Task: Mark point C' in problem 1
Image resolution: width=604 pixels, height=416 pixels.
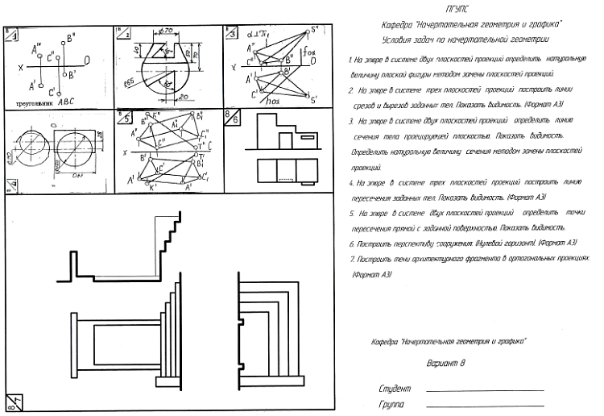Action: point(53,88)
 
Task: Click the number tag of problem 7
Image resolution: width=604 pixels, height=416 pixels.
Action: point(11,404)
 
